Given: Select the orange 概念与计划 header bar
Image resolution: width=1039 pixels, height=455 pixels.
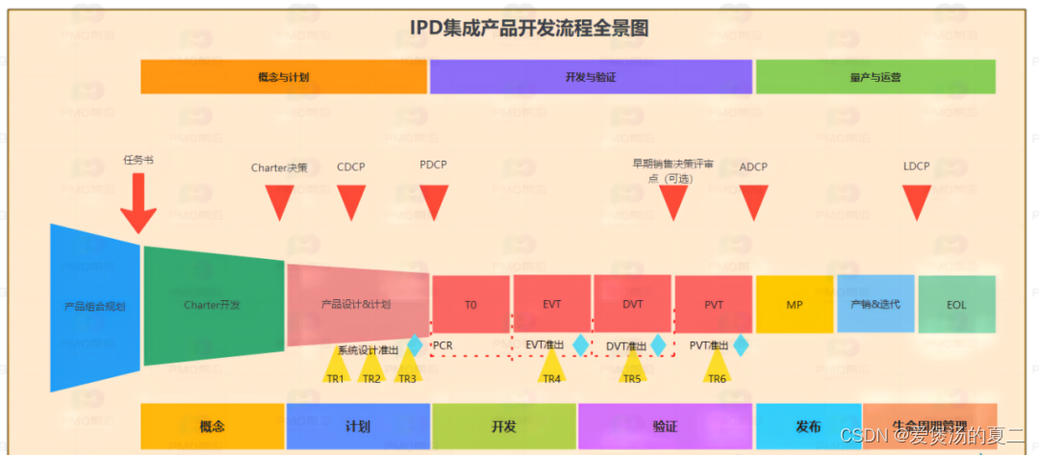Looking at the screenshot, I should (284, 77).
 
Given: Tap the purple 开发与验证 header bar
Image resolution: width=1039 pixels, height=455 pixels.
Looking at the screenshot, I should (591, 77).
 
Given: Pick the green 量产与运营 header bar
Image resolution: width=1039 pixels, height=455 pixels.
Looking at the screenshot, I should (874, 77).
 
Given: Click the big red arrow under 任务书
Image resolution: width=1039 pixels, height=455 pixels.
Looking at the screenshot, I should (139, 204).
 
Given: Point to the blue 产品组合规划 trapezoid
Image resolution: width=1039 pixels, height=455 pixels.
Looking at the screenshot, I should (94, 307).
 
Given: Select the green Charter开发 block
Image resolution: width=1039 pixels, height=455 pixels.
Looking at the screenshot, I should (213, 305).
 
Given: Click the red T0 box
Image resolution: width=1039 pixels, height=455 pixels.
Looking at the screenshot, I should (470, 305).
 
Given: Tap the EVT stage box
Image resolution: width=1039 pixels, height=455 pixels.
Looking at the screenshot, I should (551, 305).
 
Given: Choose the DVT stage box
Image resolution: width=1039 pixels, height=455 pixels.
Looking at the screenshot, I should (632, 305).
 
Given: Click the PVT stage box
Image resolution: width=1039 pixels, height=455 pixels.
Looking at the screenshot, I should (713, 305).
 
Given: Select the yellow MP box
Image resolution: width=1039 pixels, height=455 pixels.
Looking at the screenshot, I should (794, 305).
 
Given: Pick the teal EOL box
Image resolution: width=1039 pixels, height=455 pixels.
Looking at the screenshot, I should (955, 305).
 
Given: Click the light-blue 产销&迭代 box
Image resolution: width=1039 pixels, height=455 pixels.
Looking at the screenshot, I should (874, 304).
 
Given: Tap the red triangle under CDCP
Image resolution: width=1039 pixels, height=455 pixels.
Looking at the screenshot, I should (351, 201).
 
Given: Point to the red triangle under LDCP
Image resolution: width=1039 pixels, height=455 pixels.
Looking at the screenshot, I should (917, 201).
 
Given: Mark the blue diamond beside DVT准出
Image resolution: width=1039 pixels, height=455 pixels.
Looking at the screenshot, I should (658, 344).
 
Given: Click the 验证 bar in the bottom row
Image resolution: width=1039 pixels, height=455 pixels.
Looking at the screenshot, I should (664, 426).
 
